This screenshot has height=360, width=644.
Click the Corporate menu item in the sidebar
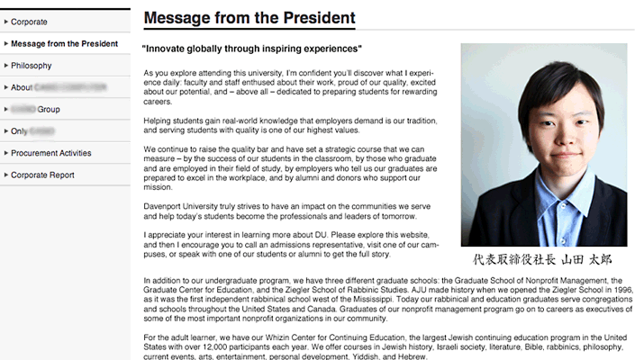29,22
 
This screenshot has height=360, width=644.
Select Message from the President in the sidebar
64,43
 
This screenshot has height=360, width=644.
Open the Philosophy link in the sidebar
32,66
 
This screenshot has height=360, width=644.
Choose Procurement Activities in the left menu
51,153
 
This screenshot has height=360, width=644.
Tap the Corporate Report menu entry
42,175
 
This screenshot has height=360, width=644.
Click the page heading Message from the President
249,18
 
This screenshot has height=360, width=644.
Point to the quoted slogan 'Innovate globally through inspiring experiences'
252,49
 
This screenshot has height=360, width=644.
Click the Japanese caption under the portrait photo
542,259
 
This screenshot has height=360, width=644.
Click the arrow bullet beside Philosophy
6,66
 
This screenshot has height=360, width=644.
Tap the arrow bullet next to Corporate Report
6,175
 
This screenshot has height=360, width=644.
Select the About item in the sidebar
22,87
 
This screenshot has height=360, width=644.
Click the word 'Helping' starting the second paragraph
159,120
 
